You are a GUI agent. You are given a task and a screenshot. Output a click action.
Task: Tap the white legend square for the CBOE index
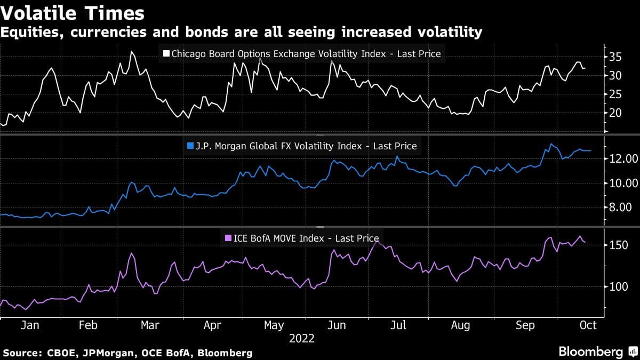pyautogui.click(x=166, y=54)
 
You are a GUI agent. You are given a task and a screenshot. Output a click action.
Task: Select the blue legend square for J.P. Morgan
pyautogui.click(x=189, y=146)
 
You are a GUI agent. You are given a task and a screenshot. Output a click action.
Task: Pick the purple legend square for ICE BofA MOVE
pyautogui.click(x=228, y=238)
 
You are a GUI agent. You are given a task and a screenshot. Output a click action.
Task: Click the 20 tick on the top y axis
pyautogui.click(x=615, y=113)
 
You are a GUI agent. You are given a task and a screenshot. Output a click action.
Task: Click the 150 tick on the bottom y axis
pyautogui.click(x=618, y=245)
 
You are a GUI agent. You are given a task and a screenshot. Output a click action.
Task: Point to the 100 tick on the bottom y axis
pyautogui.click(x=618, y=287)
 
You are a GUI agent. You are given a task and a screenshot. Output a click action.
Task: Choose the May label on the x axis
pyautogui.click(x=274, y=325)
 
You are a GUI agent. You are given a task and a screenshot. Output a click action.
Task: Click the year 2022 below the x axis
pyautogui.click(x=301, y=338)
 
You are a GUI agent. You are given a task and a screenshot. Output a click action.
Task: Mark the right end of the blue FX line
pyautogui.click(x=590, y=151)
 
